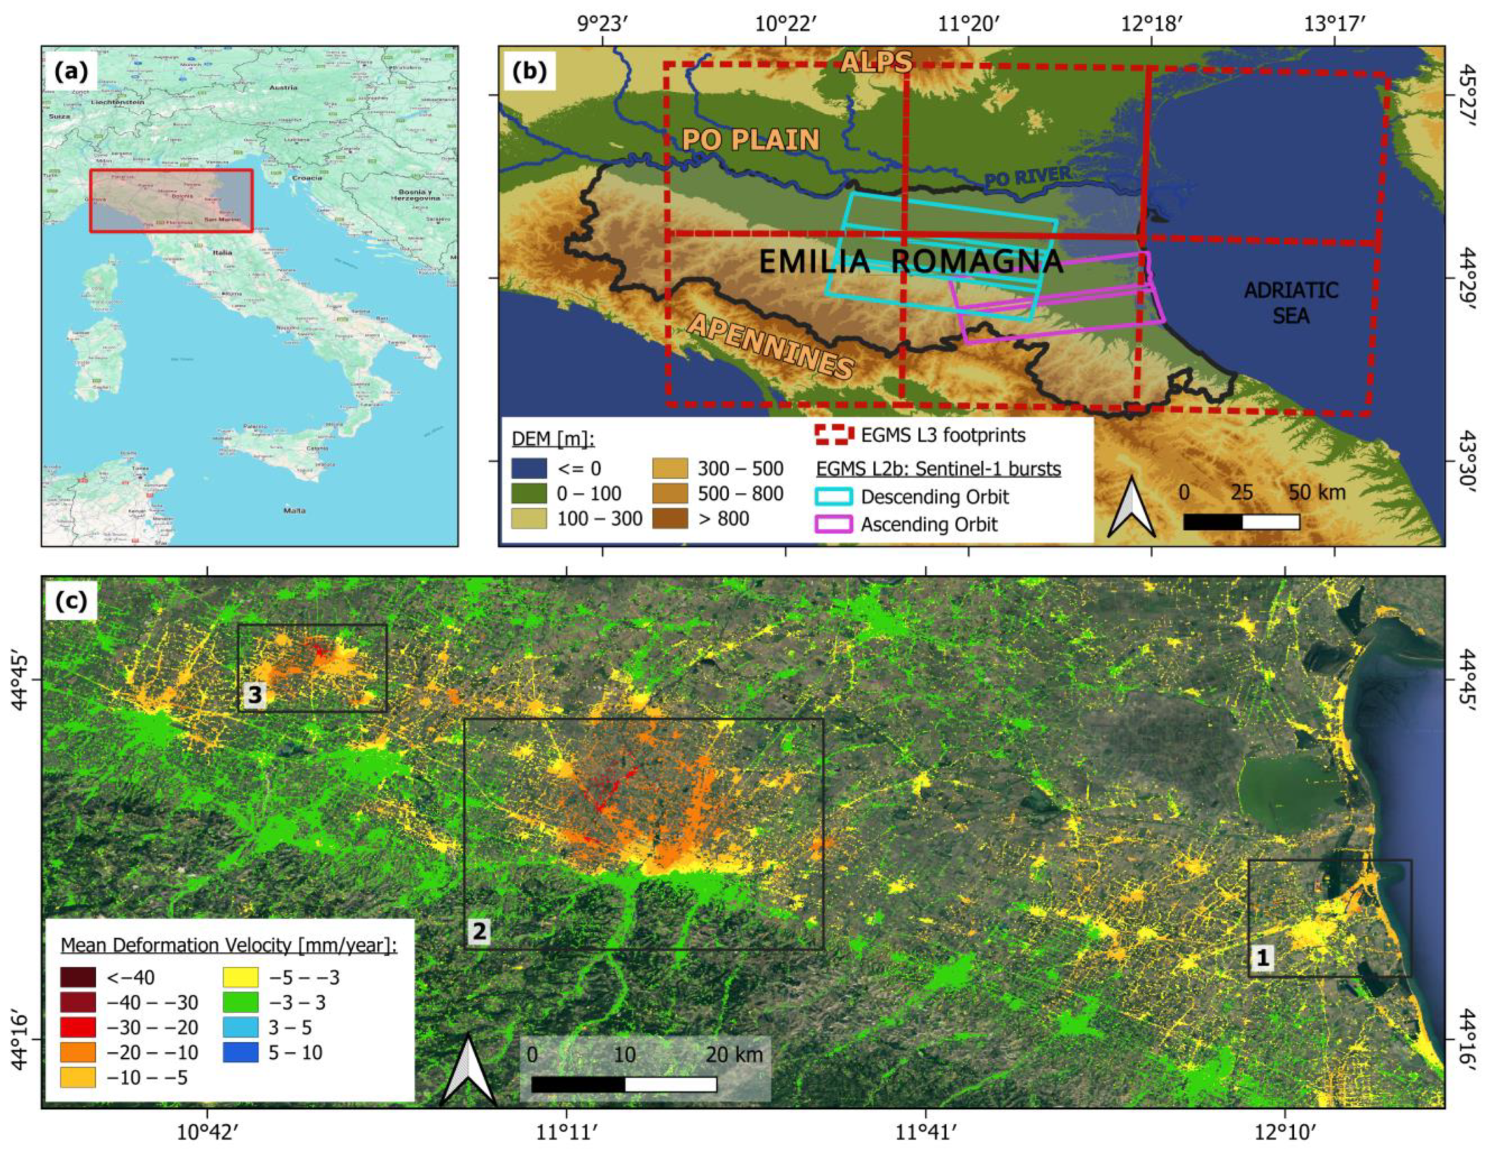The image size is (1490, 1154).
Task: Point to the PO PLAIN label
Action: pos(750,140)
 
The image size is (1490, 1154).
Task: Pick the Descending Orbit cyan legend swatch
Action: pos(833,496)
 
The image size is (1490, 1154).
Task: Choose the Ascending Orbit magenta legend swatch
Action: pos(833,524)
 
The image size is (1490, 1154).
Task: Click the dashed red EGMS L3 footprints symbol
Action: pos(833,435)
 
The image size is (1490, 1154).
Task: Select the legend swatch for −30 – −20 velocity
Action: pos(77,1027)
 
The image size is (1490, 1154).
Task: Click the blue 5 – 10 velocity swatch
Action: pos(240,1052)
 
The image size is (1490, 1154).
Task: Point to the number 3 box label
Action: pos(255,695)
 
